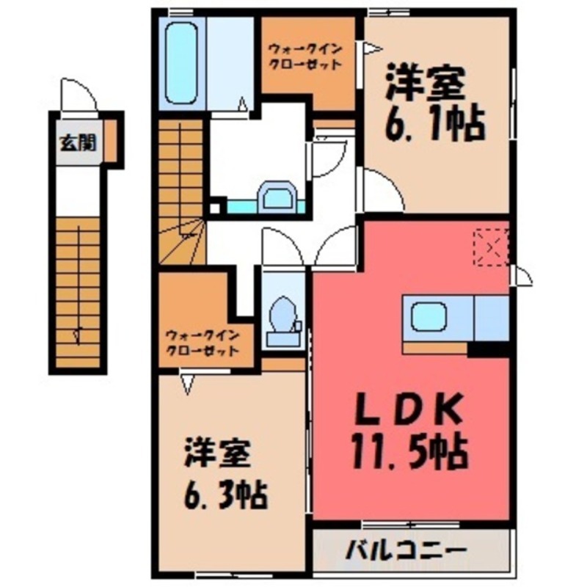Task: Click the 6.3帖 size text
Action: click(224, 497)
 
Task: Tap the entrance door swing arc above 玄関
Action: click(79, 95)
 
